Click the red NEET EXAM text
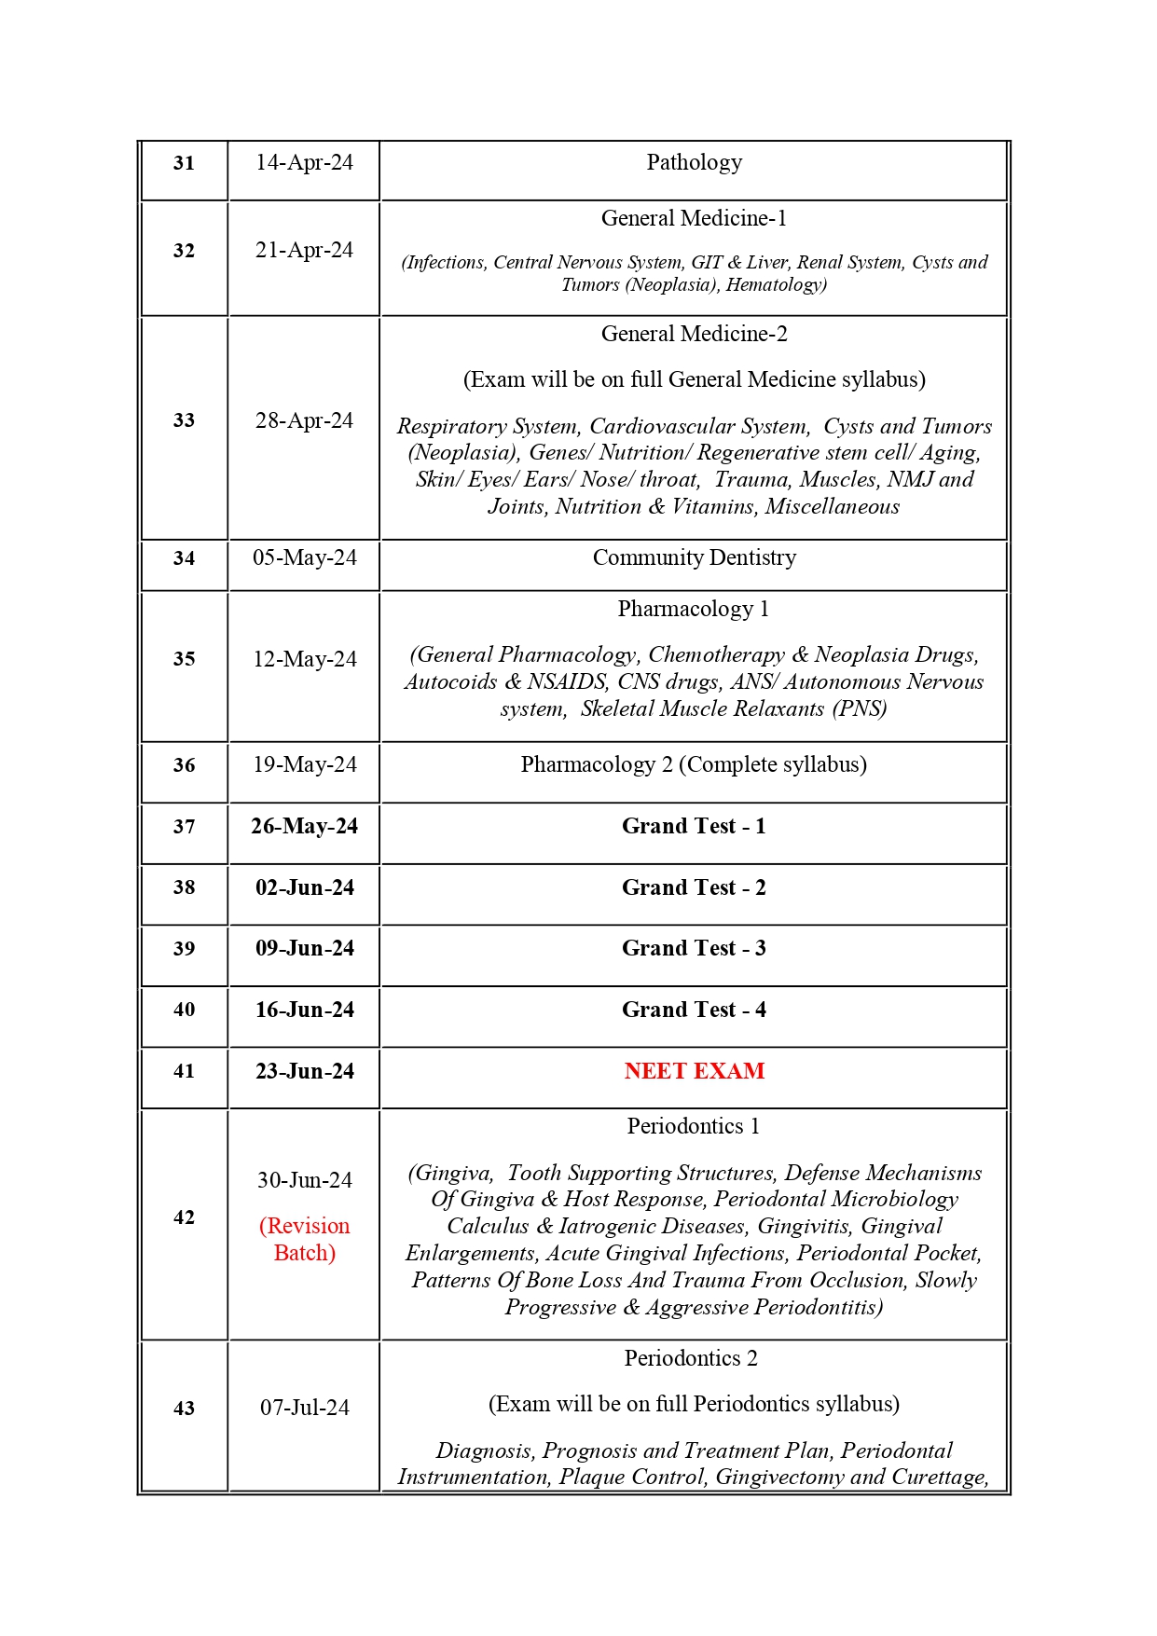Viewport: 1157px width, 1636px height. click(694, 1071)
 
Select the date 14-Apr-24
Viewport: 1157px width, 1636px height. click(304, 162)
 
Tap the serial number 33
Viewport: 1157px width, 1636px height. click(184, 420)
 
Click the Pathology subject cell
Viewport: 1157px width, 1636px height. click(694, 162)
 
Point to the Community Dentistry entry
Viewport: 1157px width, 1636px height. click(694, 557)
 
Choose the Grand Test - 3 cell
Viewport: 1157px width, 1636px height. click(694, 948)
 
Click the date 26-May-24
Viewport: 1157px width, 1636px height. click(304, 826)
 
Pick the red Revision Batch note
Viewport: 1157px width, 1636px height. click(304, 1239)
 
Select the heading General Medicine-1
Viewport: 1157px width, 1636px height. click(694, 218)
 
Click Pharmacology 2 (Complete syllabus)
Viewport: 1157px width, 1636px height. click(694, 764)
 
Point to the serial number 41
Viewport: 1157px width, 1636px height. click(184, 1071)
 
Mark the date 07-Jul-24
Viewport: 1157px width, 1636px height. click(304, 1408)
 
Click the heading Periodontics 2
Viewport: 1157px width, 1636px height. click(691, 1358)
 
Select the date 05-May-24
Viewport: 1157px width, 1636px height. click(304, 557)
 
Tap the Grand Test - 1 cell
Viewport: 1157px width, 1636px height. click(694, 826)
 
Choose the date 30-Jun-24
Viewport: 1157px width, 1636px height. click(304, 1180)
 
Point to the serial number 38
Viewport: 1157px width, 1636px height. click(184, 887)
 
